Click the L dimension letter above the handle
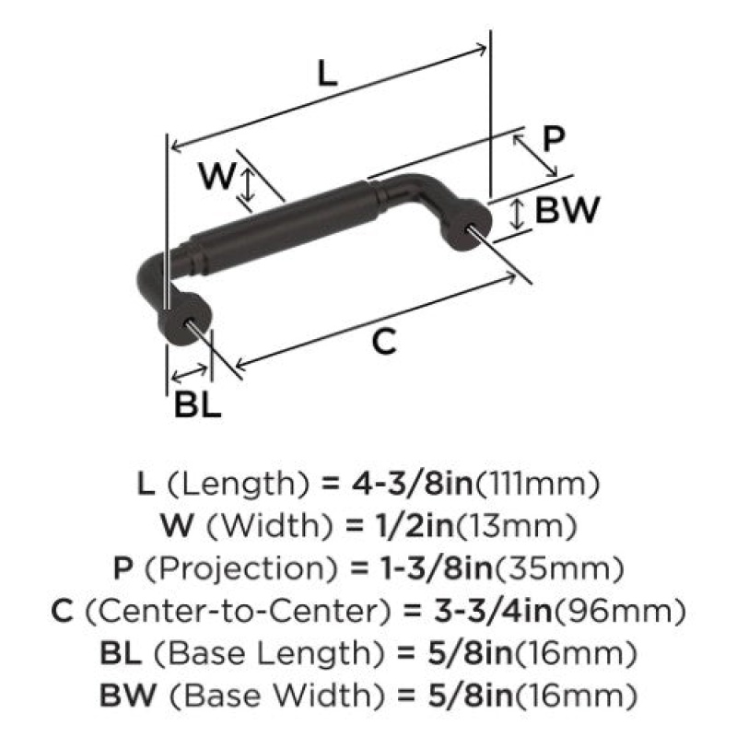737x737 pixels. tap(328, 74)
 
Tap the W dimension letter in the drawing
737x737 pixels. tap(216, 175)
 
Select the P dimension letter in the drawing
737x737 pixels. tap(554, 139)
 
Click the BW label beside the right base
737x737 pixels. tap(567, 210)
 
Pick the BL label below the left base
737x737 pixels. tap(197, 404)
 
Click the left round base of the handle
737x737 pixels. tap(183, 320)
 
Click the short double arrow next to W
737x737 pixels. tap(248, 185)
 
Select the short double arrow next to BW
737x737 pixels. tap(517, 214)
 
